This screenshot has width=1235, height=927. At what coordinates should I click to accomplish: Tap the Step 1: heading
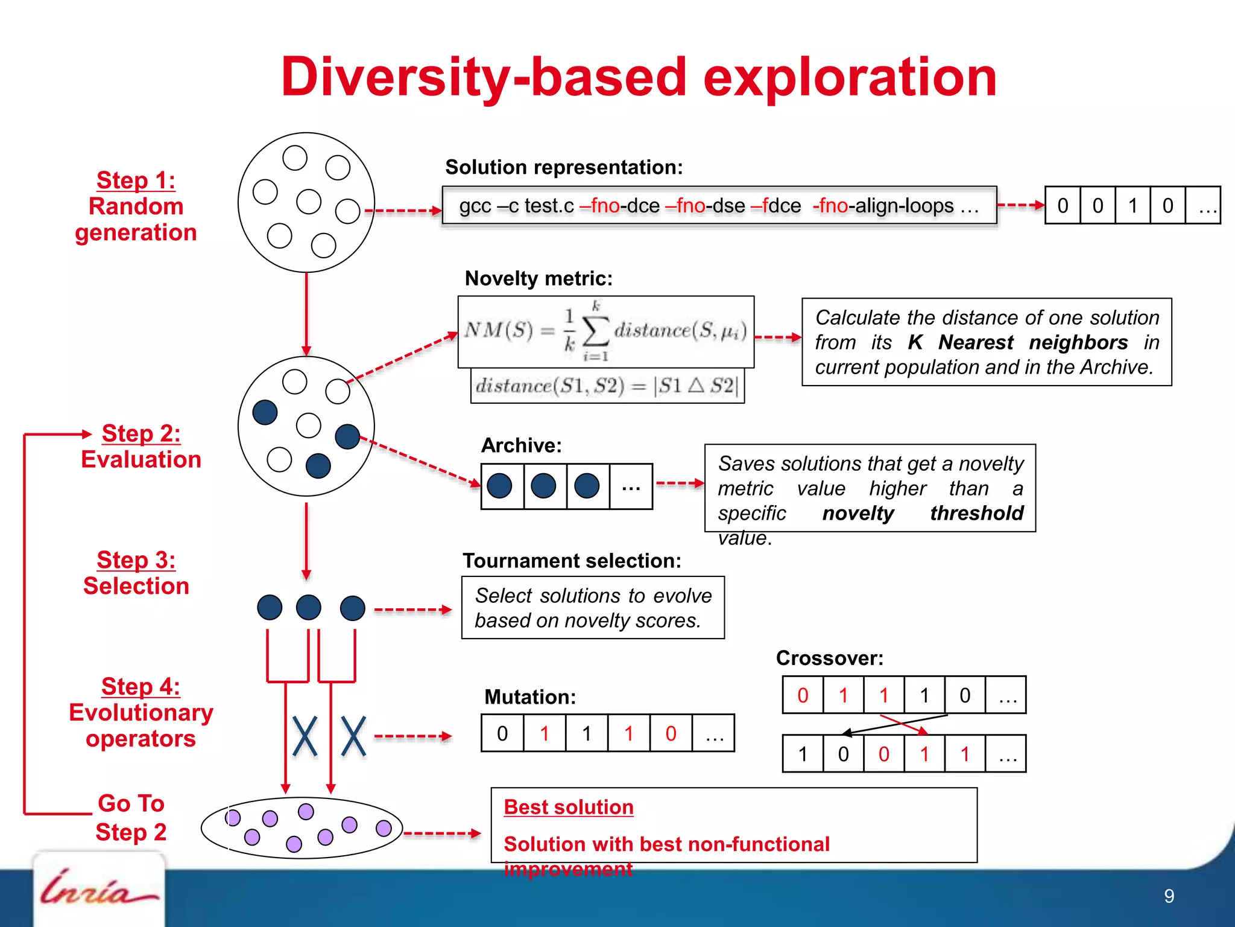tap(136, 180)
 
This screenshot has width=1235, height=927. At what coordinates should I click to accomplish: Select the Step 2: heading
tap(141, 433)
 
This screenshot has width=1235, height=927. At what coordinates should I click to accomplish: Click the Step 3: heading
tap(136, 560)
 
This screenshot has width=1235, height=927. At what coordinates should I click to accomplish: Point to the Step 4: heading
tap(141, 687)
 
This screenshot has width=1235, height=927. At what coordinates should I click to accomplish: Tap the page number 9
tap(1169, 896)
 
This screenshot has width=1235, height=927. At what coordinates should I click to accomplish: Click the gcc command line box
tap(719, 206)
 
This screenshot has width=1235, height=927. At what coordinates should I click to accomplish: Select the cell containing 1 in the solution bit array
tap(1132, 206)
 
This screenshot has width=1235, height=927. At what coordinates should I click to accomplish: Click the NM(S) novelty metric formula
tap(605, 331)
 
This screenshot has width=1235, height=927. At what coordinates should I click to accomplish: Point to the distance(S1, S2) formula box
tap(607, 386)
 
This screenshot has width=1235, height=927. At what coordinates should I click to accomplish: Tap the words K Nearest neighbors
tap(1017, 342)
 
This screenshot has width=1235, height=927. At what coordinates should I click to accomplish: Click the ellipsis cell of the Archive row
tap(631, 486)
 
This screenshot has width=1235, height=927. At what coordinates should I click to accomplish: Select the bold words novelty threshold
tap(923, 513)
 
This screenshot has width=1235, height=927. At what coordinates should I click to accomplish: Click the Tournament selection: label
tap(572, 561)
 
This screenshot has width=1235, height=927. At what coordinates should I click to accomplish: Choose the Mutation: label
tap(530, 697)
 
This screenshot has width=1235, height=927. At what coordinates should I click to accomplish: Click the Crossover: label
tap(829, 658)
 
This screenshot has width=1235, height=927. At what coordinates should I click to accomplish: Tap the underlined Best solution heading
tap(569, 807)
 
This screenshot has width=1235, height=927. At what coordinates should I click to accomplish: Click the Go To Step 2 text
tap(131, 818)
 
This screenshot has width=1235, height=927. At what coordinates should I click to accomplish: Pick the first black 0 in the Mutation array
tap(502, 733)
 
